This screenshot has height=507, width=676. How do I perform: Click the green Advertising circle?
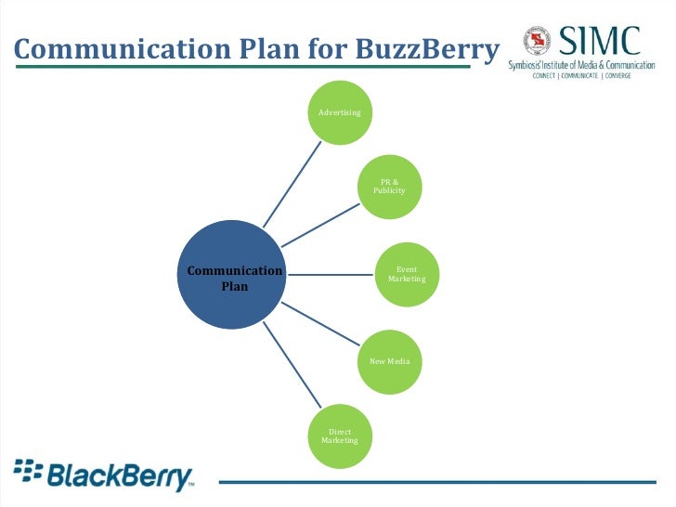point(340,112)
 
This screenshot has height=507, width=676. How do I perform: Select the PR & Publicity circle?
point(389,186)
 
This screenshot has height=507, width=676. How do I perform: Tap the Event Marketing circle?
point(407,274)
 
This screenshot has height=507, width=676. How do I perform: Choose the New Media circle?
point(389,360)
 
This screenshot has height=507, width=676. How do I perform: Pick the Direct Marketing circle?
point(340,435)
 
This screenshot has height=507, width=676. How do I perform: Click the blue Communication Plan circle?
point(235,276)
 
